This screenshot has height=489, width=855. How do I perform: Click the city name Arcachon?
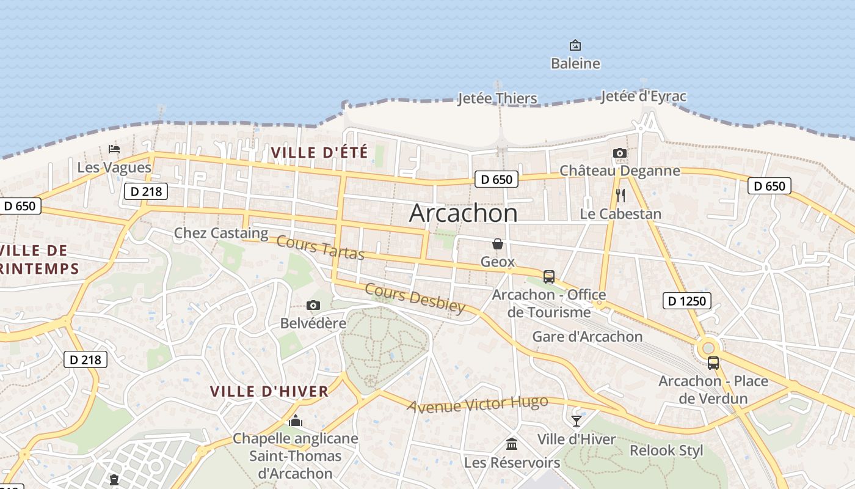(x=463, y=213)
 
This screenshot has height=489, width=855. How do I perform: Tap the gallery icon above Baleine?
(x=575, y=45)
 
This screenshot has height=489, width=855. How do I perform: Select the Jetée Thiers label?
(x=498, y=98)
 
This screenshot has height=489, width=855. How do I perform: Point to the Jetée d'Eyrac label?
(x=643, y=97)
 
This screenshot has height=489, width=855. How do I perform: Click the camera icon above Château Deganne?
(x=620, y=153)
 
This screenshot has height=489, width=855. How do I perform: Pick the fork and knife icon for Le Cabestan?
(x=620, y=196)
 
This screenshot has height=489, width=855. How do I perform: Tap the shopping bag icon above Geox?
(x=498, y=244)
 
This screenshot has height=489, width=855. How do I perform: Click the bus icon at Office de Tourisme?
(x=548, y=276)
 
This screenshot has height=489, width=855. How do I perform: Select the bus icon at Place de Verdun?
(x=713, y=363)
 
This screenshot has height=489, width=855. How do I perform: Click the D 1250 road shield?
(x=686, y=301)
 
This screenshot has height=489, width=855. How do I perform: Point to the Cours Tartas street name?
(x=320, y=246)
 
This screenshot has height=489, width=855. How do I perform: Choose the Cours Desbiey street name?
(x=415, y=298)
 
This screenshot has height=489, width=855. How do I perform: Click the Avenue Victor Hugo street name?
(x=478, y=404)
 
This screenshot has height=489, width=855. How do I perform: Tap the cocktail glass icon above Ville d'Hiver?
(x=576, y=421)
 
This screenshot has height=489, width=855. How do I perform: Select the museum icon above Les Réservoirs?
(x=512, y=444)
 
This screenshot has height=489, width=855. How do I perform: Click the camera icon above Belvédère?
(x=313, y=305)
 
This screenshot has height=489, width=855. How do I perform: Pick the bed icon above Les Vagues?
(x=114, y=149)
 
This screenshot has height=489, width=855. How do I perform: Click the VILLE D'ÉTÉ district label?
(x=319, y=152)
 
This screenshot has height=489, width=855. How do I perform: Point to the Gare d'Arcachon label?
(x=587, y=336)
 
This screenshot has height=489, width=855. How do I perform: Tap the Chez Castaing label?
(x=221, y=233)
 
